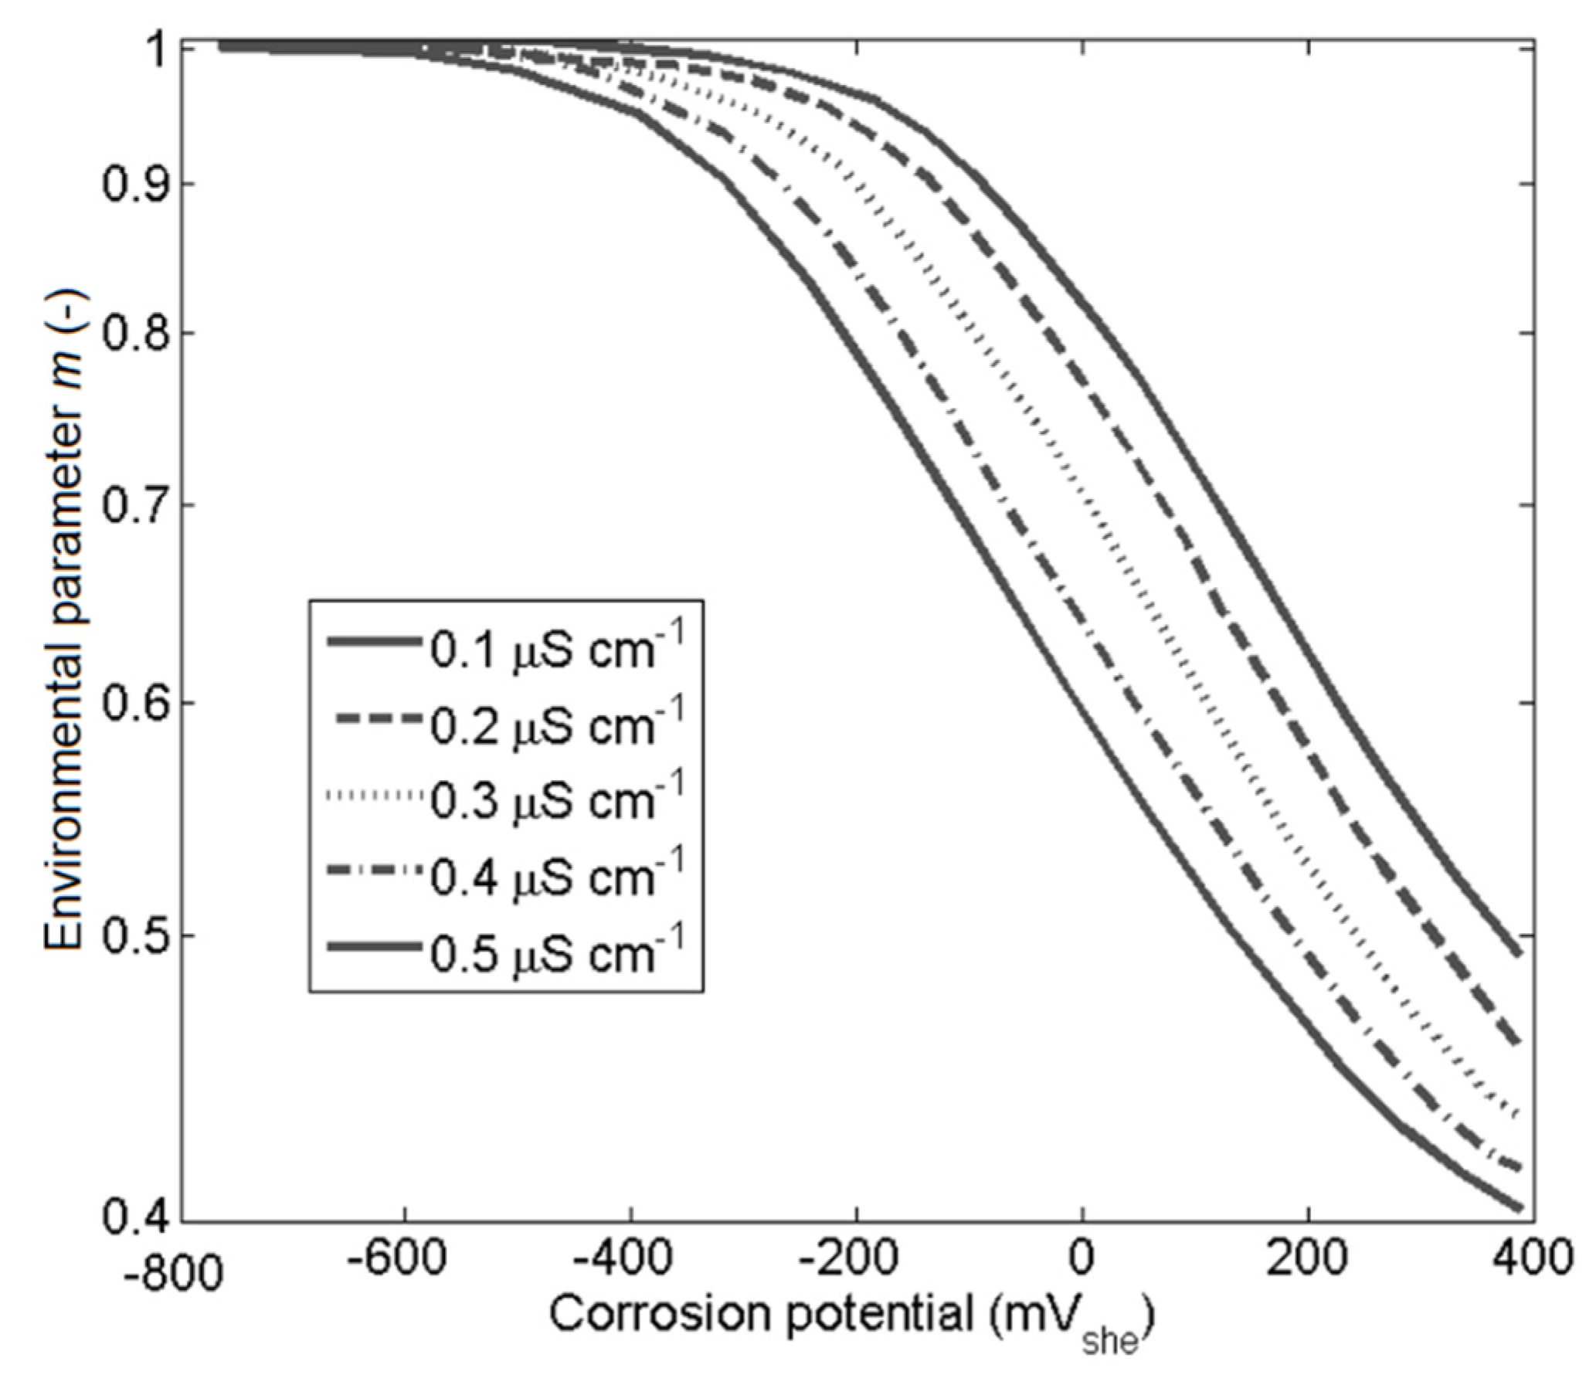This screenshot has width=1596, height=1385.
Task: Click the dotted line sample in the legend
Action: (x=374, y=796)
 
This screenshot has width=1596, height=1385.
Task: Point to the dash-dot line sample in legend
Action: (x=374, y=871)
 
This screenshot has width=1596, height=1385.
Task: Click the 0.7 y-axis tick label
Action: (x=131, y=505)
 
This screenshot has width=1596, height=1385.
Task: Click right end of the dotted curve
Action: (x=1518, y=1114)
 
